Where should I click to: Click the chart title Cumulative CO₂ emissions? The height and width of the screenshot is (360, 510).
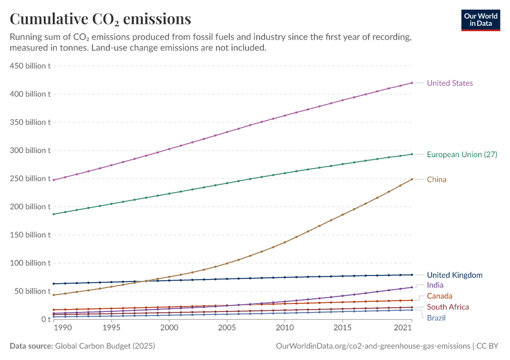coord(100,19)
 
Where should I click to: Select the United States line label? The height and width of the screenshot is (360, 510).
coord(449,83)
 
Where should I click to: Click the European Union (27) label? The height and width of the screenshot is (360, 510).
coord(461,155)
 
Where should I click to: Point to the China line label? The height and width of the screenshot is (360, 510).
coord(437,179)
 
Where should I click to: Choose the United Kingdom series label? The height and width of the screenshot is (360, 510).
coord(454,275)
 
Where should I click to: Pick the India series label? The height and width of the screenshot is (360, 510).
coord(435,285)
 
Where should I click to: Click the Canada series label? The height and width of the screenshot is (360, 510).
coord(440,296)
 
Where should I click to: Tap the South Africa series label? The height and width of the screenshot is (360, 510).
coord(448,307)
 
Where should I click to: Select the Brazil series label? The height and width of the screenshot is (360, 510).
coord(437,317)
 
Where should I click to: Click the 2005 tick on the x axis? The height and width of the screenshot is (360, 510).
coord(227,329)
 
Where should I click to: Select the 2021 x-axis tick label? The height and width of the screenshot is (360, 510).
coord(403,329)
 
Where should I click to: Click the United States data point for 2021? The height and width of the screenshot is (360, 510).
coord(412,83)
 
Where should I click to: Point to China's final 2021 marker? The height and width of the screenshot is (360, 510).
coord(412,179)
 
